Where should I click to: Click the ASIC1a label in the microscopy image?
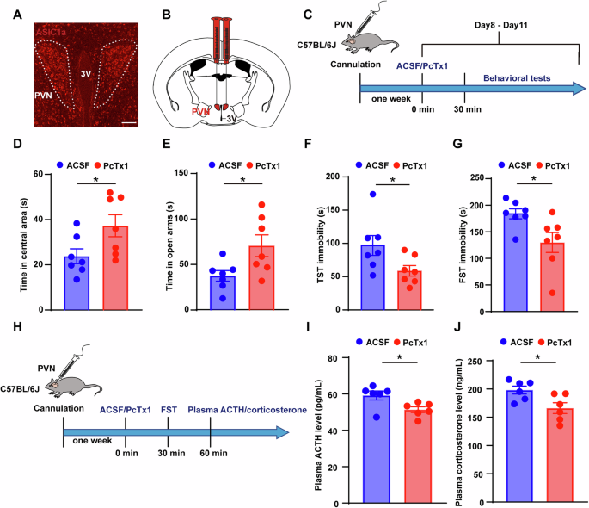[54, 31]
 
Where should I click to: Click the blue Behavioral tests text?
[516, 77]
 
